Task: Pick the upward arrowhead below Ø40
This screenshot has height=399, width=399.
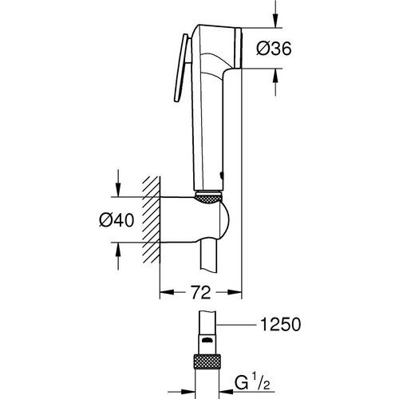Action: pos(117,251)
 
